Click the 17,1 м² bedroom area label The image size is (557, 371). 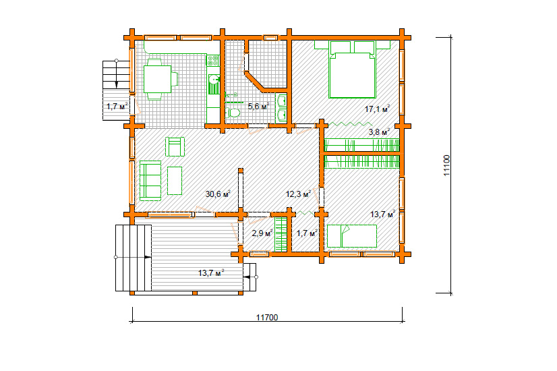[x=377, y=109]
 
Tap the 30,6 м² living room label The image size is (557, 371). [x=218, y=194]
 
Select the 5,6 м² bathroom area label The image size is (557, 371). [x=258, y=106]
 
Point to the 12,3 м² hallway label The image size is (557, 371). [x=298, y=194]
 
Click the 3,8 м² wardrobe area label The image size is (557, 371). [x=379, y=132]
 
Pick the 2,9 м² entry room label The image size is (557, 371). [x=262, y=233]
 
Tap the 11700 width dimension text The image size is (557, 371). [x=267, y=317]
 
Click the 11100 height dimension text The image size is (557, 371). [x=447, y=165]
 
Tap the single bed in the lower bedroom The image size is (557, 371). [x=352, y=236]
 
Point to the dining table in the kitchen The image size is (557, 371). [x=157, y=79]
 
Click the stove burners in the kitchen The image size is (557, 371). [x=213, y=61]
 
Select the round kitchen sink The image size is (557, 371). [x=214, y=79]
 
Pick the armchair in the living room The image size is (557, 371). [x=175, y=146]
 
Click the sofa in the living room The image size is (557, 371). [x=150, y=181]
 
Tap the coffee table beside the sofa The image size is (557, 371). [x=175, y=181]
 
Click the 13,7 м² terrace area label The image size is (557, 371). [x=211, y=273]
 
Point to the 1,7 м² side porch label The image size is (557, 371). [x=117, y=106]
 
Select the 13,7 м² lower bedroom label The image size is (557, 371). [x=383, y=215]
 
